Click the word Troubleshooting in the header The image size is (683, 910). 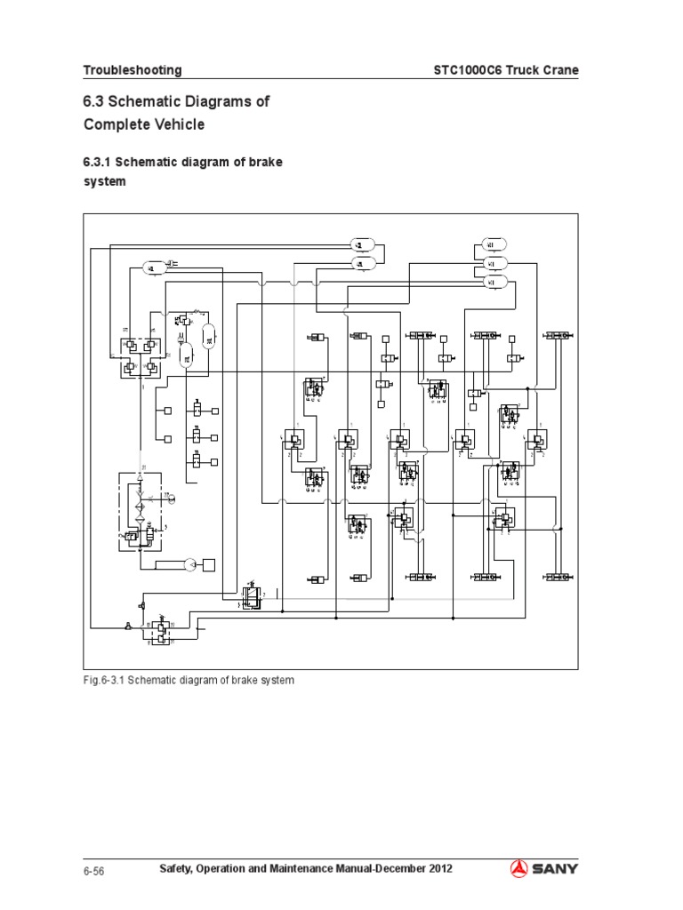tap(133, 70)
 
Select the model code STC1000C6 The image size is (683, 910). tap(470, 70)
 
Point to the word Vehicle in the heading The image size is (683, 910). tap(178, 124)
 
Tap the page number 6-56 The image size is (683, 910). tap(94, 871)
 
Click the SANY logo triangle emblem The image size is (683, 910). tap(521, 869)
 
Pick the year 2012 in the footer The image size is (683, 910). tap(438, 869)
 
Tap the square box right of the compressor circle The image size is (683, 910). tap(209, 564)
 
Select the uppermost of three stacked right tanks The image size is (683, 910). tap(493, 244)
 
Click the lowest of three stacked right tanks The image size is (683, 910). tap(493, 282)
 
